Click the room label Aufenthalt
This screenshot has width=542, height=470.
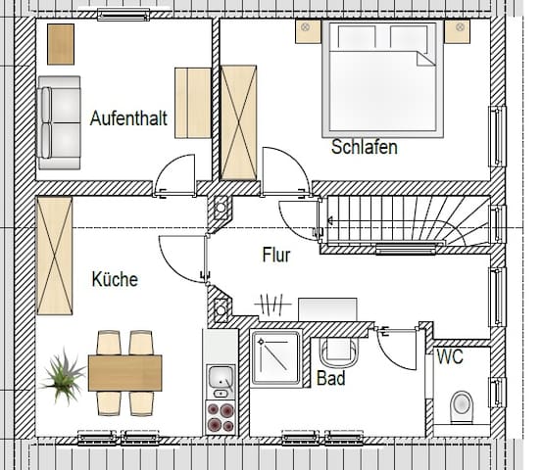pos(127,118)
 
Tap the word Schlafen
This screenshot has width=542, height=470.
pos(365,148)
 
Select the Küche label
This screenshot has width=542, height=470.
pos(115,279)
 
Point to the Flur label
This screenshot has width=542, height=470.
pos(277,256)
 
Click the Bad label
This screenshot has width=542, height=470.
pos(330,377)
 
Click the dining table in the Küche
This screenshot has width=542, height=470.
pos(124,371)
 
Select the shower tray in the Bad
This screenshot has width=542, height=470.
pos(277,358)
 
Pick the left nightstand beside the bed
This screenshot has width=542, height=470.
pos(309,31)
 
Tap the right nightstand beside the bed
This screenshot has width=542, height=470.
pos(457,31)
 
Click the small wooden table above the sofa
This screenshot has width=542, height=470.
pos(61,43)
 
